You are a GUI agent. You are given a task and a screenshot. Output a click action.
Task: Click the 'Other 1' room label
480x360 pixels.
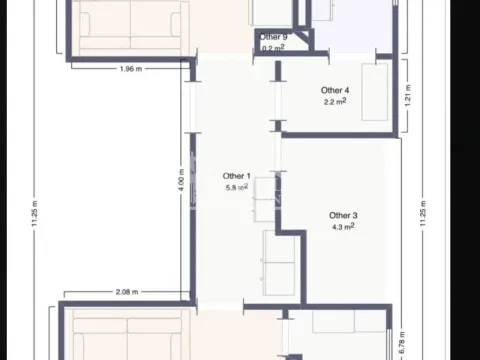coord(236,175)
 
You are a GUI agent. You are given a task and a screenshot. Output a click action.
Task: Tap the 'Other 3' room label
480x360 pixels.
coord(343,215)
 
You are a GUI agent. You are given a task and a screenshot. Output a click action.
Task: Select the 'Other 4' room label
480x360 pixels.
coord(336,90)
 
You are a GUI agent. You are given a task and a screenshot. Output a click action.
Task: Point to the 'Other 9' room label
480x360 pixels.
coord(274,37)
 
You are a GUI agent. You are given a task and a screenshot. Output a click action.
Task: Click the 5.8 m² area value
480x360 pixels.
coord(237,187)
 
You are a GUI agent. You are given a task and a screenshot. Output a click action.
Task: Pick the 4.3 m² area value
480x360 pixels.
coord(343,227)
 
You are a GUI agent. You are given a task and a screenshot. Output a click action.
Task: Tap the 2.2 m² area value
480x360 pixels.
coord(335,102)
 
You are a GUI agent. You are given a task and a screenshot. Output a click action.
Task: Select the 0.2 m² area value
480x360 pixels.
coord(274,47)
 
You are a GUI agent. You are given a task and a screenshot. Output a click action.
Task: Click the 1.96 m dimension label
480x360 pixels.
coord(132,69)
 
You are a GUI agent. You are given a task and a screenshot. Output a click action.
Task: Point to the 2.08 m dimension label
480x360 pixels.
coord(127,292)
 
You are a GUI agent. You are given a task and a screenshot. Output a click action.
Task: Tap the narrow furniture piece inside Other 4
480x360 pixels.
coord(376,92)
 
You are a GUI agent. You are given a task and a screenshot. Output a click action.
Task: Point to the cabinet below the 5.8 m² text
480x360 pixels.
coord(263,200)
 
